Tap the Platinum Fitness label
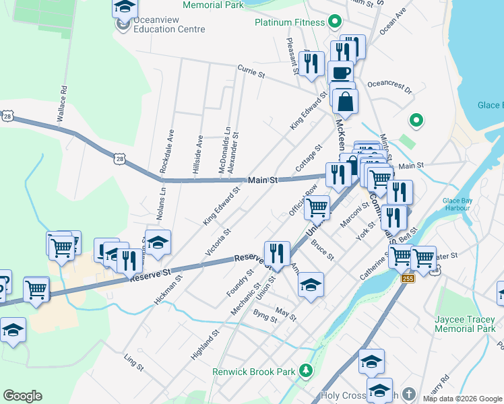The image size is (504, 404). (290, 22)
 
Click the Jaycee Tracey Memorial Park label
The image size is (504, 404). (465, 318)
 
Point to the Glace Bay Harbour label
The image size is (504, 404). (460, 205)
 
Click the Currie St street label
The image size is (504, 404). (250, 71)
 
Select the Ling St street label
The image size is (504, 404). (133, 362)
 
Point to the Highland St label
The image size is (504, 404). (205, 344)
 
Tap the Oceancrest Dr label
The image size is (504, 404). (389, 88)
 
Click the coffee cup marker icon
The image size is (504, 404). (341, 72)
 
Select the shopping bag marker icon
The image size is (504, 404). (345, 101)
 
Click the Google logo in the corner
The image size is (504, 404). (22, 396)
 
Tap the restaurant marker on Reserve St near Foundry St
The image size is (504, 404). (277, 253)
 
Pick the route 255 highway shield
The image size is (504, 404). (406, 277)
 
